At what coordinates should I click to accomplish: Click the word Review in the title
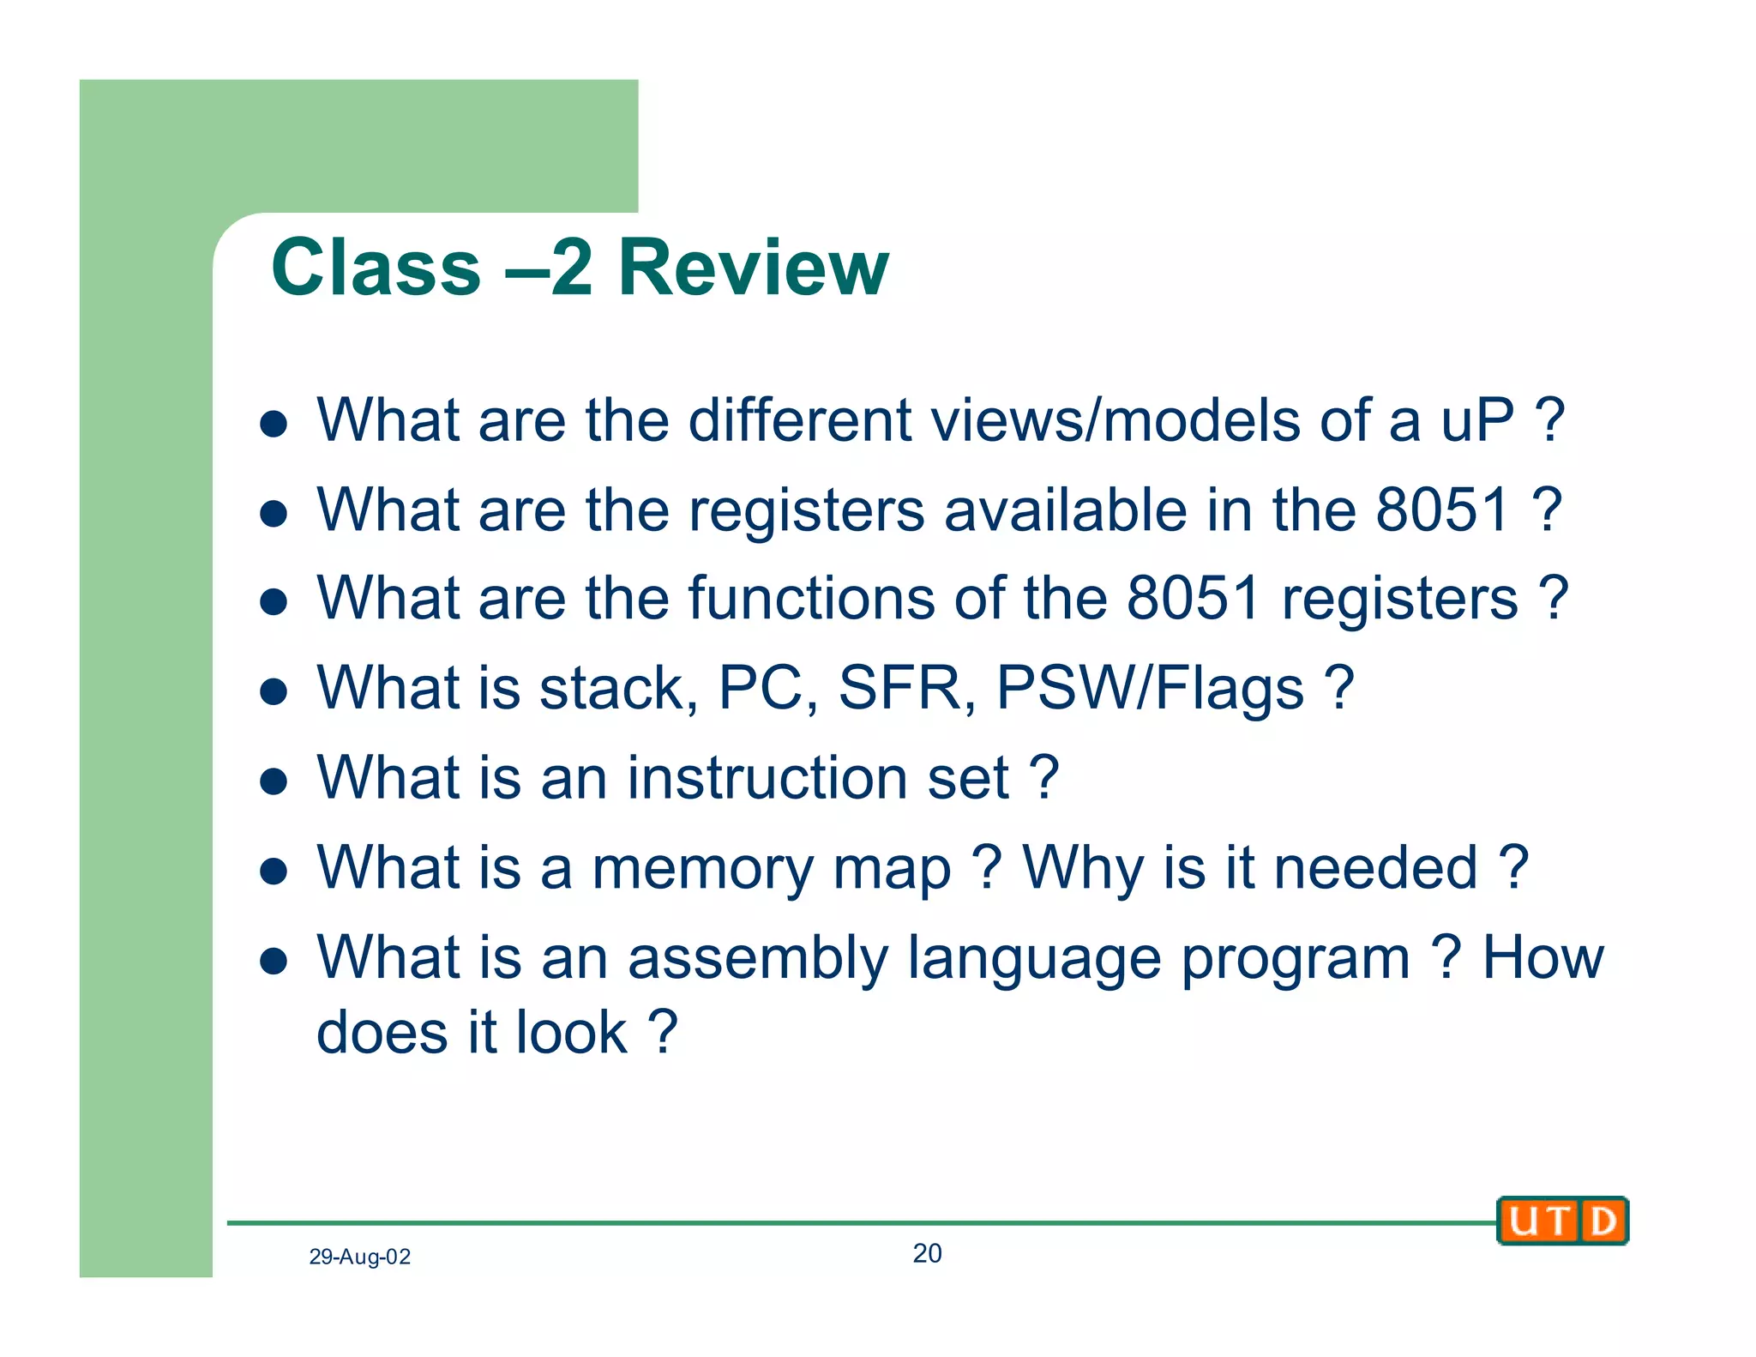click(x=753, y=268)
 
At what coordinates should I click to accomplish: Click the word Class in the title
click(x=376, y=268)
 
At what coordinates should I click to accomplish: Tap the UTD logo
click(x=1561, y=1221)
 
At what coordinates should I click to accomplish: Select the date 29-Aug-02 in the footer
click(x=359, y=1257)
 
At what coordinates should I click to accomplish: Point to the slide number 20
click(x=927, y=1253)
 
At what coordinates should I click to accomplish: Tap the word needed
click(x=1377, y=868)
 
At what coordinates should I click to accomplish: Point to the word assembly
click(x=758, y=958)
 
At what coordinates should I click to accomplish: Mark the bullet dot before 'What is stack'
click(x=273, y=691)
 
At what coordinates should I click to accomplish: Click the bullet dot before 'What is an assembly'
click(x=273, y=961)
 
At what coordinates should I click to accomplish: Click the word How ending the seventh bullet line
click(x=1543, y=958)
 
